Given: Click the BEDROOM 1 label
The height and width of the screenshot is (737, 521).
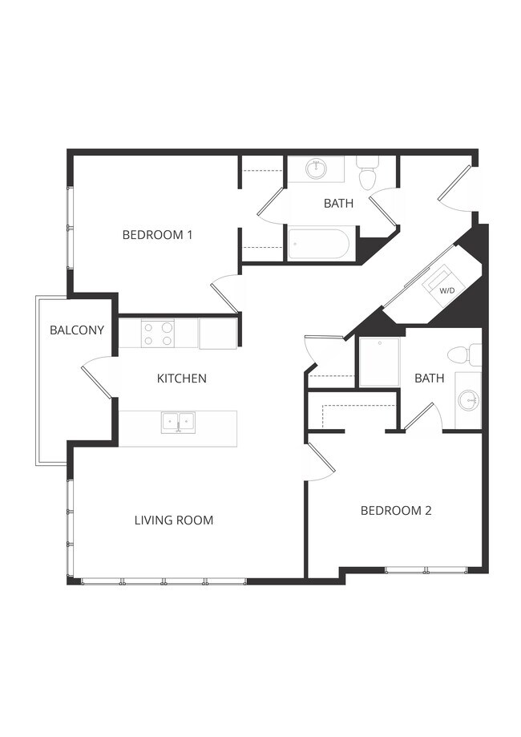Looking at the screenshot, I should (157, 235).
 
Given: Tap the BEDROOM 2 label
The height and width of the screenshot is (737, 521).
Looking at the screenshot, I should (396, 510).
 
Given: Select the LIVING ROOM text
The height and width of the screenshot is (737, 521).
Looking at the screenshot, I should (174, 520).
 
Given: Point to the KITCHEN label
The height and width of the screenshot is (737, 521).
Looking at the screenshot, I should (182, 379).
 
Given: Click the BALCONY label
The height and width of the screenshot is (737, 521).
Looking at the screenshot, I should (77, 330).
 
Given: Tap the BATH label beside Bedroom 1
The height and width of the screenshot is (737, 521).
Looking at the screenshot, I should (338, 204).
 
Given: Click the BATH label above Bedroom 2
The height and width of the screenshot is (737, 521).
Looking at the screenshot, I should (429, 378).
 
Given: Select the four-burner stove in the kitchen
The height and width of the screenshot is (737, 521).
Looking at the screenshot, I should (158, 333).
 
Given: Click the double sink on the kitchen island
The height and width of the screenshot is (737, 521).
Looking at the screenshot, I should (178, 421).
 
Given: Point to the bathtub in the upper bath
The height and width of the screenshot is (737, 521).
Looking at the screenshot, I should (319, 243).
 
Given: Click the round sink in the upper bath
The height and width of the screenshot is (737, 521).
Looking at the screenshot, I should (316, 168).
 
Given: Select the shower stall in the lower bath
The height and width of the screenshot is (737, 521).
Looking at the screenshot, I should (379, 362).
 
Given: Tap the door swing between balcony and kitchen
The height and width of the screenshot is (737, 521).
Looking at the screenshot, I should (98, 377).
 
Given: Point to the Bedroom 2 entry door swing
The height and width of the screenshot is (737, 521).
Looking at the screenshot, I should (318, 463).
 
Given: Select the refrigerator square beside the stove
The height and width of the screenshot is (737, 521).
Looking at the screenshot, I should (218, 333).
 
